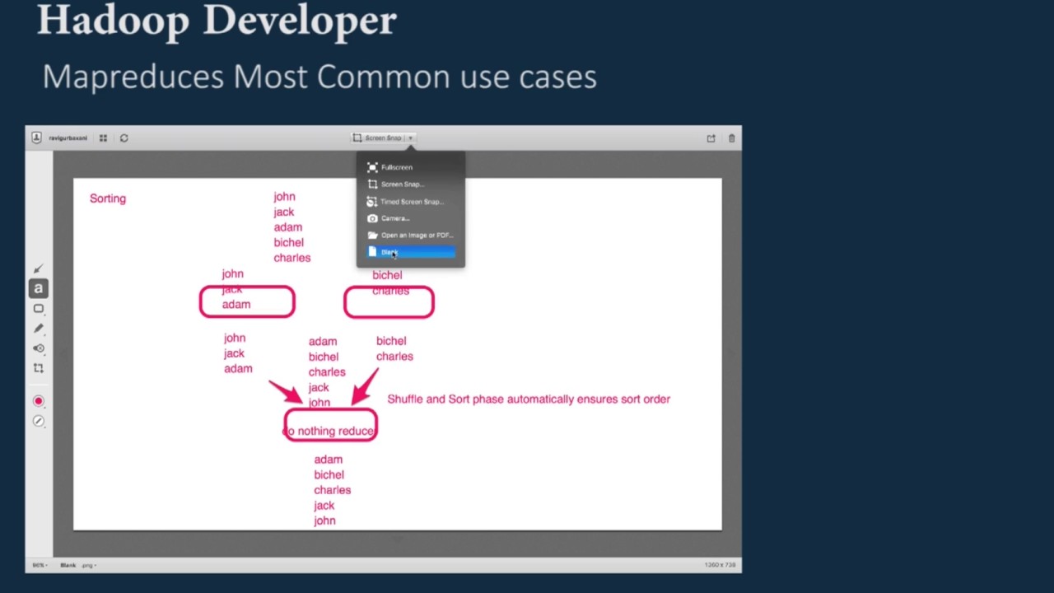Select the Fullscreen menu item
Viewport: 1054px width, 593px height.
click(396, 167)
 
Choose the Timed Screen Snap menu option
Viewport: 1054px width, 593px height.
click(411, 202)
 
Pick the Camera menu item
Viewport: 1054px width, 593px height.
click(394, 218)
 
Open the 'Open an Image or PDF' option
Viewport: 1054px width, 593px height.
click(416, 236)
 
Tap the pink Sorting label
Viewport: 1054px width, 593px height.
click(108, 198)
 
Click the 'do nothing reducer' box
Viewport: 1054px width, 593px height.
click(330, 430)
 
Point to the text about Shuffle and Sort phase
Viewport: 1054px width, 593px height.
click(529, 399)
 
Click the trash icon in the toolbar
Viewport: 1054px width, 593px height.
click(731, 138)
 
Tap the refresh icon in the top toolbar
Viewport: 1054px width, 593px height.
click(124, 138)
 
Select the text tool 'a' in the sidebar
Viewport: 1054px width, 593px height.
click(38, 288)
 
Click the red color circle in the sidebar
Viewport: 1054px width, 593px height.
click(38, 401)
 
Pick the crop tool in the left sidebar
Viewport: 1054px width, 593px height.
click(38, 368)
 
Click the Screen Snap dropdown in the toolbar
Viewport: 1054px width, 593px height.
click(384, 138)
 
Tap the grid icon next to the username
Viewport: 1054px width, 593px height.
click(103, 138)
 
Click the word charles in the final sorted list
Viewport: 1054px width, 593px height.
click(332, 490)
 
